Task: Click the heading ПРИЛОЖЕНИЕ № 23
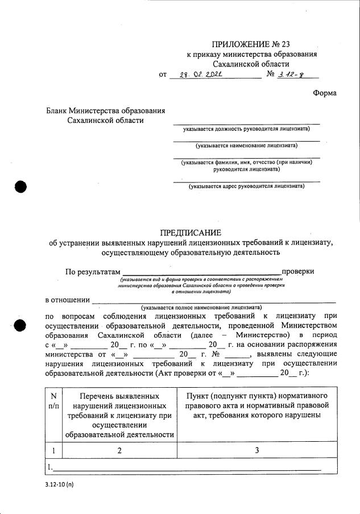pyautogui.click(x=251, y=44)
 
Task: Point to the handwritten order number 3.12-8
pyautogui.click(x=293, y=74)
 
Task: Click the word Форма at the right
pyautogui.click(x=324, y=93)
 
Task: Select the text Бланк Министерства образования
pyautogui.click(x=106, y=110)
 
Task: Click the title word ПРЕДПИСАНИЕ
pyautogui.click(x=191, y=233)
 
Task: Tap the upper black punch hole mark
pyautogui.click(x=20, y=187)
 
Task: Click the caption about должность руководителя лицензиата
pyautogui.click(x=246, y=129)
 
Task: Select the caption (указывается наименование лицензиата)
pyautogui.click(x=246, y=146)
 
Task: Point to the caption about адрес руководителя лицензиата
pyautogui.click(x=246, y=186)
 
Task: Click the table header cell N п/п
pyautogui.click(x=53, y=401)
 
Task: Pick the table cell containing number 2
pyautogui.click(x=119, y=450)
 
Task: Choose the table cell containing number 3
pyautogui.click(x=256, y=450)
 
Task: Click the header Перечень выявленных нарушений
pyautogui.click(x=119, y=415)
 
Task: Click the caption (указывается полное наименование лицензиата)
pyautogui.click(x=202, y=306)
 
